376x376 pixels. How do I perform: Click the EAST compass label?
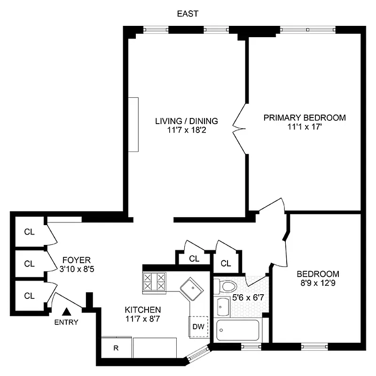coord(188,14)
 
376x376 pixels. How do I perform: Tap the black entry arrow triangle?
coord(66,311)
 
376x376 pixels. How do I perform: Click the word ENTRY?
coord(66,322)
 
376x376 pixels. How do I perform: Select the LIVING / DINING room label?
coord(187,121)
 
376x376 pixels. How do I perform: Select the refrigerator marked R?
coord(116,348)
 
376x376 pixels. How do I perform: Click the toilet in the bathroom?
coord(228,286)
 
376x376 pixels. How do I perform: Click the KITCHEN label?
coord(143,310)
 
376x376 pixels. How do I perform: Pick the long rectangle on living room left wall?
coord(133,125)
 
